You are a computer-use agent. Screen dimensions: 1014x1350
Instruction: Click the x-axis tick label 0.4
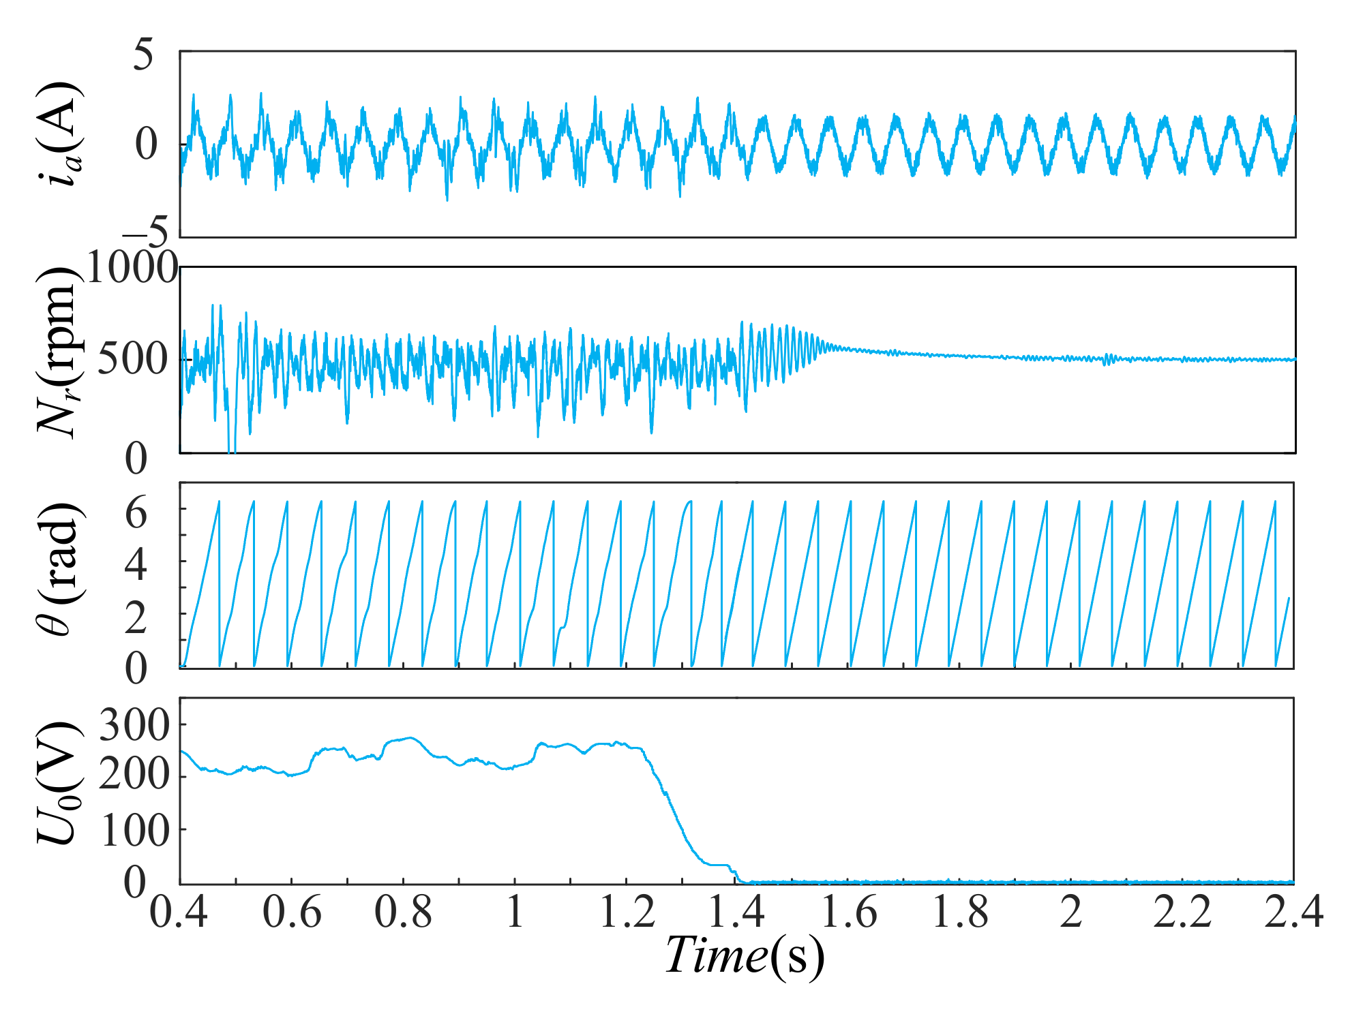point(179,912)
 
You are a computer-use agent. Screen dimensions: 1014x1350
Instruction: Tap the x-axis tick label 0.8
point(403,912)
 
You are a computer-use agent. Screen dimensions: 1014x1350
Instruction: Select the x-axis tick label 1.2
point(627,912)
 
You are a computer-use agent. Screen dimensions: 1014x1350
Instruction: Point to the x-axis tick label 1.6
point(849,912)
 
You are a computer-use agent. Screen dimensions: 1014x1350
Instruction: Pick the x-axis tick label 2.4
point(1293,912)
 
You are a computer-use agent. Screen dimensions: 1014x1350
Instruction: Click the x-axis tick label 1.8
point(960,912)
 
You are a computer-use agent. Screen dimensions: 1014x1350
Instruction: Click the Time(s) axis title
point(745,955)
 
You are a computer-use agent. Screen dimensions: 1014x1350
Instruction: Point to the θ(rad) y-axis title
point(60,570)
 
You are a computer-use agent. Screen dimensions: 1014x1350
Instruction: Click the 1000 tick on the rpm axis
point(132,268)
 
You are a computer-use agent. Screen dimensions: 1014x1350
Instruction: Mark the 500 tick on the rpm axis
point(132,359)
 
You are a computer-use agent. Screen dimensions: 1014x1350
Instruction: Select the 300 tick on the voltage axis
point(134,726)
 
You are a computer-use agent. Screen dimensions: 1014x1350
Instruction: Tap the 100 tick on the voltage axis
point(134,831)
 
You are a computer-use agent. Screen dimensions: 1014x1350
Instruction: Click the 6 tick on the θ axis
point(136,512)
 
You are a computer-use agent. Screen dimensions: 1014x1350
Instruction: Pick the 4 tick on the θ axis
point(136,564)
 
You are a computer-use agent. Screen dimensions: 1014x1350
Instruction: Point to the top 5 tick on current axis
point(144,55)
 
